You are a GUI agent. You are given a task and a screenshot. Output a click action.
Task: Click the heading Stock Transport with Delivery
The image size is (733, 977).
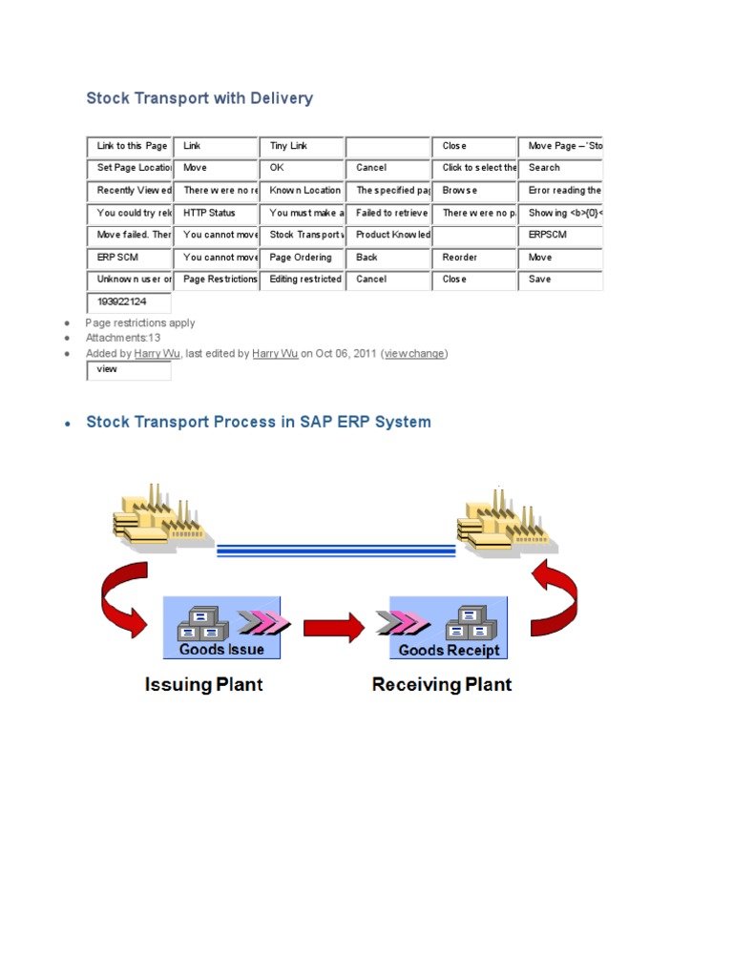199,98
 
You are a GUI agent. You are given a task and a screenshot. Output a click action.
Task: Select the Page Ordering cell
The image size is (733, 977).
301,258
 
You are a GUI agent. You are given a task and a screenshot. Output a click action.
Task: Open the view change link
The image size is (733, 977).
414,353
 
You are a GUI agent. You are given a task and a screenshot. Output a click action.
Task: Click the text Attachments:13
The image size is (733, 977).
123,338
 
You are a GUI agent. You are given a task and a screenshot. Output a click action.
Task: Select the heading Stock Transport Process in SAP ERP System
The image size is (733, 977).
259,422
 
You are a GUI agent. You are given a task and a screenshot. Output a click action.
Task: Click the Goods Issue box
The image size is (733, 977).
222,628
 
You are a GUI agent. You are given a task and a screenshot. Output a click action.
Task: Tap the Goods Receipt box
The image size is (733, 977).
448,628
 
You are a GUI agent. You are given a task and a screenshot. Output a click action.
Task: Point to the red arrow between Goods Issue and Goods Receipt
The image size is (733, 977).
334,627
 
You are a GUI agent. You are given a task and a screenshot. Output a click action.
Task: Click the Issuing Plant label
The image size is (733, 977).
203,684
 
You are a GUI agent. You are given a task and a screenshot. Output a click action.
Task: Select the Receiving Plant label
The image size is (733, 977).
442,684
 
